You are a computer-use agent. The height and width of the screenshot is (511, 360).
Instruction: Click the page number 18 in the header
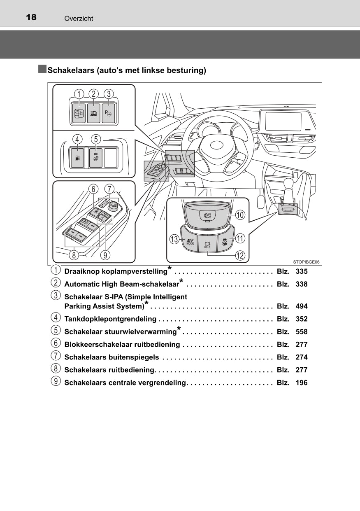[31, 17]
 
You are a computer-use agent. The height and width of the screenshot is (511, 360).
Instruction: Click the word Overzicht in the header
[79, 19]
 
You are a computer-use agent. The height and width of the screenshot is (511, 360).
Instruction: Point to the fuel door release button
[77, 157]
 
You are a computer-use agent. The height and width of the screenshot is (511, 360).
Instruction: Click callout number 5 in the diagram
[95, 140]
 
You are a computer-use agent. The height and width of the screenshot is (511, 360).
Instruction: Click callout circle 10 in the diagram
[240, 215]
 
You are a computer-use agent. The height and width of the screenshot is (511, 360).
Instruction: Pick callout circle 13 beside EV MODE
[174, 239]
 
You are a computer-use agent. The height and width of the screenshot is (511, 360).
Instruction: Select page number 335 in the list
[301, 272]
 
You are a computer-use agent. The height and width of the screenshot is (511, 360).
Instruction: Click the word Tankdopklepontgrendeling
[110, 319]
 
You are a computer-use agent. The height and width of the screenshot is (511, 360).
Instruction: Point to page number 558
[301, 332]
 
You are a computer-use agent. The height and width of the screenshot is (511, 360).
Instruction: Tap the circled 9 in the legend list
[55, 382]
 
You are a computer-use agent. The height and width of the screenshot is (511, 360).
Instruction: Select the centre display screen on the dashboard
[283, 121]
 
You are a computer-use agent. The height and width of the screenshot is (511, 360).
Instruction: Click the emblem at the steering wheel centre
[216, 145]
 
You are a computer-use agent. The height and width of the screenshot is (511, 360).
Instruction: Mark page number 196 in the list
[301, 383]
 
